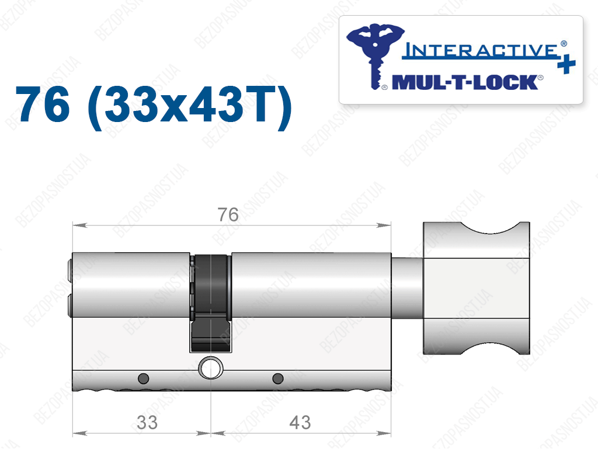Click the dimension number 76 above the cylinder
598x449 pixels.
click(x=228, y=215)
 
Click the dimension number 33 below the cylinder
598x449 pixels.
click(x=147, y=422)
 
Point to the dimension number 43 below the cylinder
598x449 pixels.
click(x=300, y=422)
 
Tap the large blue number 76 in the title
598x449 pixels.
click(x=43, y=104)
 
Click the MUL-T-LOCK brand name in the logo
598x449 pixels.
click(x=465, y=82)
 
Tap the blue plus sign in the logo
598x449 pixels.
click(x=566, y=64)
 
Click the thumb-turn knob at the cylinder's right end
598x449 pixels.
click(x=477, y=288)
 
